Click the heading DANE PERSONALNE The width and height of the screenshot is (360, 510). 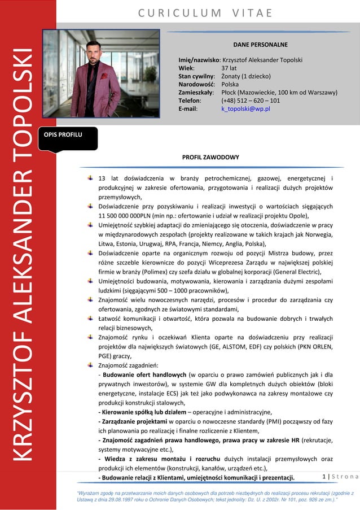(x=260, y=44)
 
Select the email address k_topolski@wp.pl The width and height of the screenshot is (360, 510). (x=245, y=108)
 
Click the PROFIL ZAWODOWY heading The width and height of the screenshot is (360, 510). (x=210, y=157)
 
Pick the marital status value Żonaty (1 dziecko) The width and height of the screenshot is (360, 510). (x=246, y=76)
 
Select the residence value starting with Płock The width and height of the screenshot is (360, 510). (x=279, y=92)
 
